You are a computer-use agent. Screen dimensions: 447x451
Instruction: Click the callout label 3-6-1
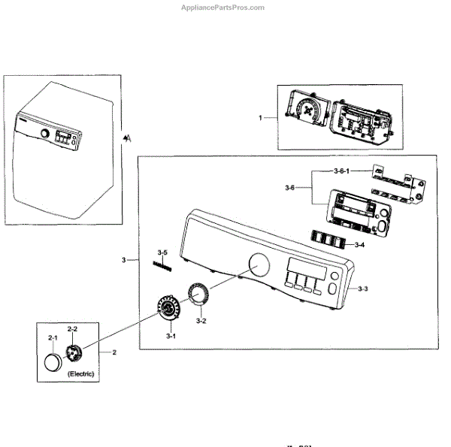click(342, 171)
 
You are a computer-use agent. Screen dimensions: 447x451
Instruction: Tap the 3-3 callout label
click(362, 288)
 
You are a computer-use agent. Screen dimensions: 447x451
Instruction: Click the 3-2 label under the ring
click(201, 321)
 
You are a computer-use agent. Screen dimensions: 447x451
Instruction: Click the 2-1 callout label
click(53, 338)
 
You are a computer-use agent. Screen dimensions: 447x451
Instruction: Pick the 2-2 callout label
click(73, 330)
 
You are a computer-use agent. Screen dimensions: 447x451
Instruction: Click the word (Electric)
click(80, 373)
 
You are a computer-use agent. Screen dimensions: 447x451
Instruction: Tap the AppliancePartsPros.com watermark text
click(224, 8)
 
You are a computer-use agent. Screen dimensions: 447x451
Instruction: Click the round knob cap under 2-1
click(54, 362)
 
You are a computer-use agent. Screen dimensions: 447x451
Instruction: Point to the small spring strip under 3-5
click(163, 264)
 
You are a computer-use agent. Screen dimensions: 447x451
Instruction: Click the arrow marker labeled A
click(128, 137)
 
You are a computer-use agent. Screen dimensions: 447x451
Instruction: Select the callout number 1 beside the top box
click(260, 118)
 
